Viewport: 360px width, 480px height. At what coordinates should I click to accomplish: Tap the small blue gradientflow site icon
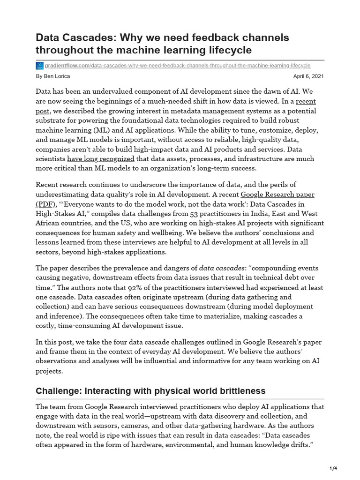tap(39, 66)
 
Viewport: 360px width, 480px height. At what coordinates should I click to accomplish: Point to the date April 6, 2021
tap(308, 76)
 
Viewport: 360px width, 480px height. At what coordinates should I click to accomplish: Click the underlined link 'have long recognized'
tap(101, 159)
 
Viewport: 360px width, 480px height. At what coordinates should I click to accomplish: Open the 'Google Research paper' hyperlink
tap(277, 195)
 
